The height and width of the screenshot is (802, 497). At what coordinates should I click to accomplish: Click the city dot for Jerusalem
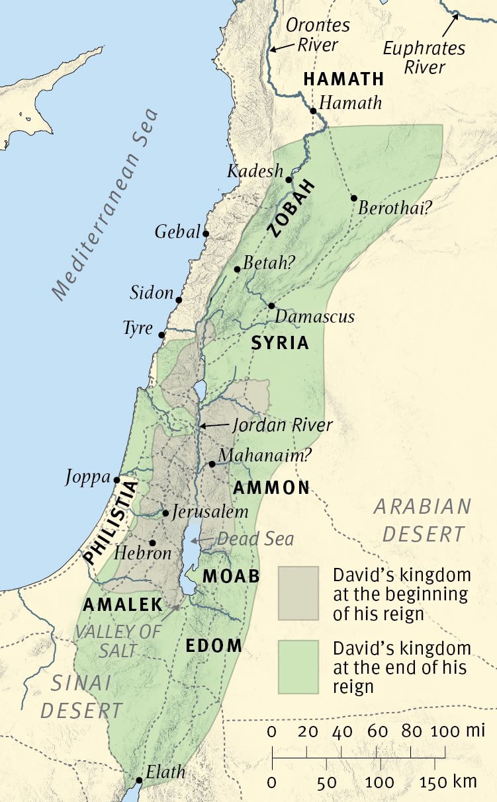point(165,512)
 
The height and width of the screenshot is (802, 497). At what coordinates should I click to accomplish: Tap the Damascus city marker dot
point(271,305)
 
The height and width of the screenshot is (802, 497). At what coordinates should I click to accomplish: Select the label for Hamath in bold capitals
point(343,79)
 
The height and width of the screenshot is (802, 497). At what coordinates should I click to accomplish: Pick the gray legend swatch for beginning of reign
point(298,593)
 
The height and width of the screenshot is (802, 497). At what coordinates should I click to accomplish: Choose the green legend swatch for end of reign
point(298,666)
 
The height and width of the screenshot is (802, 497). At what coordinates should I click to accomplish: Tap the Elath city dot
point(139,780)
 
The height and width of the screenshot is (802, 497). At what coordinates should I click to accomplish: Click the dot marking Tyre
point(161,335)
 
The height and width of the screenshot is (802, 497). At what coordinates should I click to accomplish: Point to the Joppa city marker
point(116,480)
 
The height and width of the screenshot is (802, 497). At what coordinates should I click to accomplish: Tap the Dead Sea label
point(255,539)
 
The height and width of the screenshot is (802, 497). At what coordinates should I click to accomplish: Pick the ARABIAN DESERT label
point(422,520)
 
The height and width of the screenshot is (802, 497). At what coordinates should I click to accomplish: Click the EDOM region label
point(214,646)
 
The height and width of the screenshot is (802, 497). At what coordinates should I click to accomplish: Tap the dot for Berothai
point(354,198)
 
